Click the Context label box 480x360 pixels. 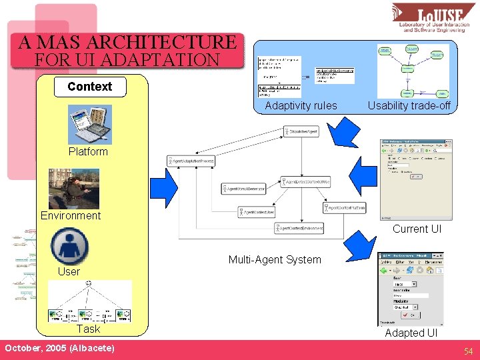(89, 87)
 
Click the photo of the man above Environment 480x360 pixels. (73, 189)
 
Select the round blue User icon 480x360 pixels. (69, 246)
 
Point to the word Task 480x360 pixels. (88, 329)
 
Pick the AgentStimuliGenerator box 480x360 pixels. (243, 189)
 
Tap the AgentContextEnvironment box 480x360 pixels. (299, 229)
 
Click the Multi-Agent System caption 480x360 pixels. (275, 260)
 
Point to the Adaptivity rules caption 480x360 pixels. (301, 105)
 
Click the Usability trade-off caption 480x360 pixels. (409, 105)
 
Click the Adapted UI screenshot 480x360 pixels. (411, 289)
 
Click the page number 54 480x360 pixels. (469, 351)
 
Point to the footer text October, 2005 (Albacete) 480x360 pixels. (59, 349)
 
